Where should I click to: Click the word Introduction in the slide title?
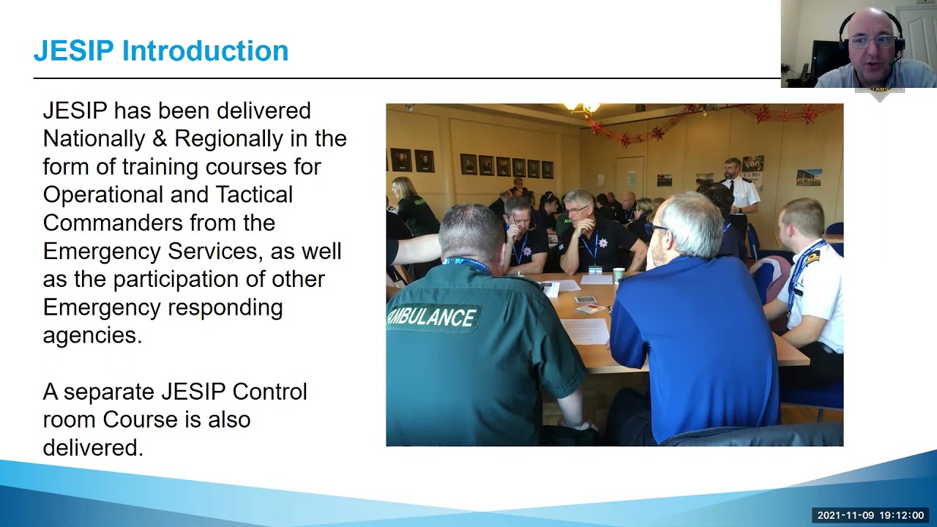tap(205, 51)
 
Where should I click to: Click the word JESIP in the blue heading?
tap(73, 51)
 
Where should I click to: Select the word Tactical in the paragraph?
tap(253, 195)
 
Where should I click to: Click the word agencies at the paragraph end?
tap(92, 335)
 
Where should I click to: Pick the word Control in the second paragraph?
tap(269, 392)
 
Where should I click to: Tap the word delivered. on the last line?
tap(92, 447)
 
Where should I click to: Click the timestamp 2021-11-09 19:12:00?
tap(870, 515)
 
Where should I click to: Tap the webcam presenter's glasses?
tap(871, 42)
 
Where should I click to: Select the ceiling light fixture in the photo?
tap(582, 108)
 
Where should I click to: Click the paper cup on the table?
tap(619, 274)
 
